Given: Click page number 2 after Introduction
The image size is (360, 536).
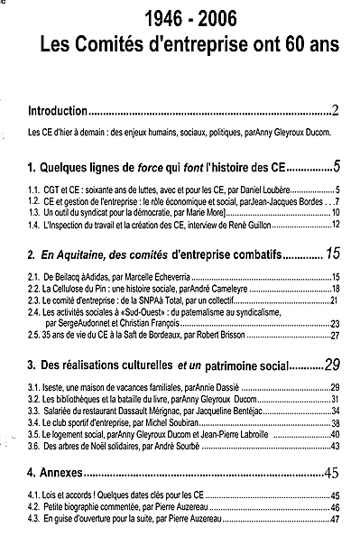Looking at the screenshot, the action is point(334,112).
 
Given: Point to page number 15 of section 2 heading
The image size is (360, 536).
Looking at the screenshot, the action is point(332,252).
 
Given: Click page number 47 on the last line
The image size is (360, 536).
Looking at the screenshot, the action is point(334,519).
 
